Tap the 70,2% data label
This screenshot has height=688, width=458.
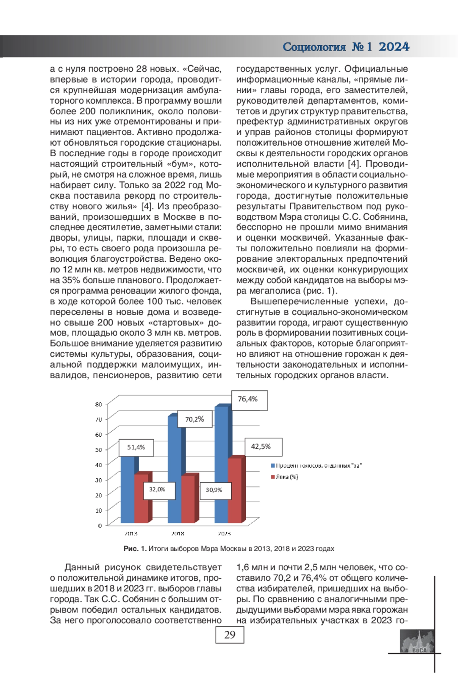195,419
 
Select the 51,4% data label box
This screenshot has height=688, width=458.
136,447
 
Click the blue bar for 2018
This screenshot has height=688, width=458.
174,470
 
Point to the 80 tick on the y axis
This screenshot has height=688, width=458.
98,405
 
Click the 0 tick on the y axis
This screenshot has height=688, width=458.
100,526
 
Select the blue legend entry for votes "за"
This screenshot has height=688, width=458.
317,466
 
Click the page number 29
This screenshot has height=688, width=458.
230,635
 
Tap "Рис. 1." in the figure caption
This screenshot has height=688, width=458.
135,549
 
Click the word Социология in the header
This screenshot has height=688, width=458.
314,47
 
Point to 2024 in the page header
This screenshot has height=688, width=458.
394,47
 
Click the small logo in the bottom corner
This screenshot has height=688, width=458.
417,641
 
